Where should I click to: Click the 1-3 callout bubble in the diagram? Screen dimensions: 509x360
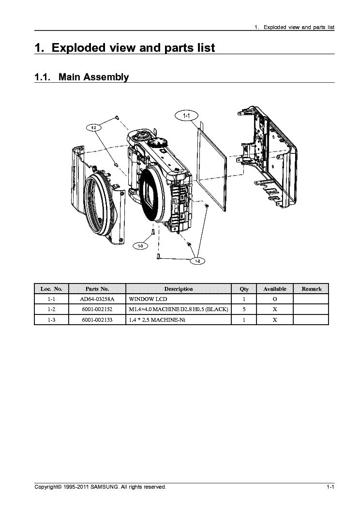tap(140, 246)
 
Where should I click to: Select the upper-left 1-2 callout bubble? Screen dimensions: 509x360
tap(94, 128)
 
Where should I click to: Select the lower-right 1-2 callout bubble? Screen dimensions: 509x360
tap(197, 261)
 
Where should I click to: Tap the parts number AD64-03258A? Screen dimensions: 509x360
tap(97, 299)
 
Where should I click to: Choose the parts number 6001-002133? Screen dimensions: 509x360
tap(97, 320)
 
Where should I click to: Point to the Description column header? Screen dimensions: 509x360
tap(178, 289)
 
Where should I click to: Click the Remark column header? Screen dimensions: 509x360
tap(311, 289)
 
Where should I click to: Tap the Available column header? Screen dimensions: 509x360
tap(274, 289)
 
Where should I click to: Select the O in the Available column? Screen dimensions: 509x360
tap(274, 299)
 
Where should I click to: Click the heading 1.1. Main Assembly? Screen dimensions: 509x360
tap(82, 77)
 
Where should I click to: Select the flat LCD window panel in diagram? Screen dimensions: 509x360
tap(213, 165)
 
